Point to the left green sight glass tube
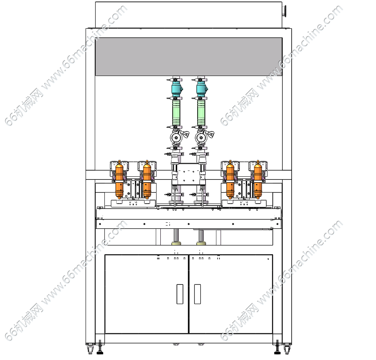click(x=176, y=112)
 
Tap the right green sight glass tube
click(x=201, y=112)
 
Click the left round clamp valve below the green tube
click(x=176, y=138)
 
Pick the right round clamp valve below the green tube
click(x=201, y=138)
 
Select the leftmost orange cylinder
click(x=119, y=179)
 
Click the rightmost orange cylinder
click(x=258, y=179)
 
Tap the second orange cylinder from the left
click(x=147, y=179)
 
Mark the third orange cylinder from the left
click(x=230, y=179)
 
